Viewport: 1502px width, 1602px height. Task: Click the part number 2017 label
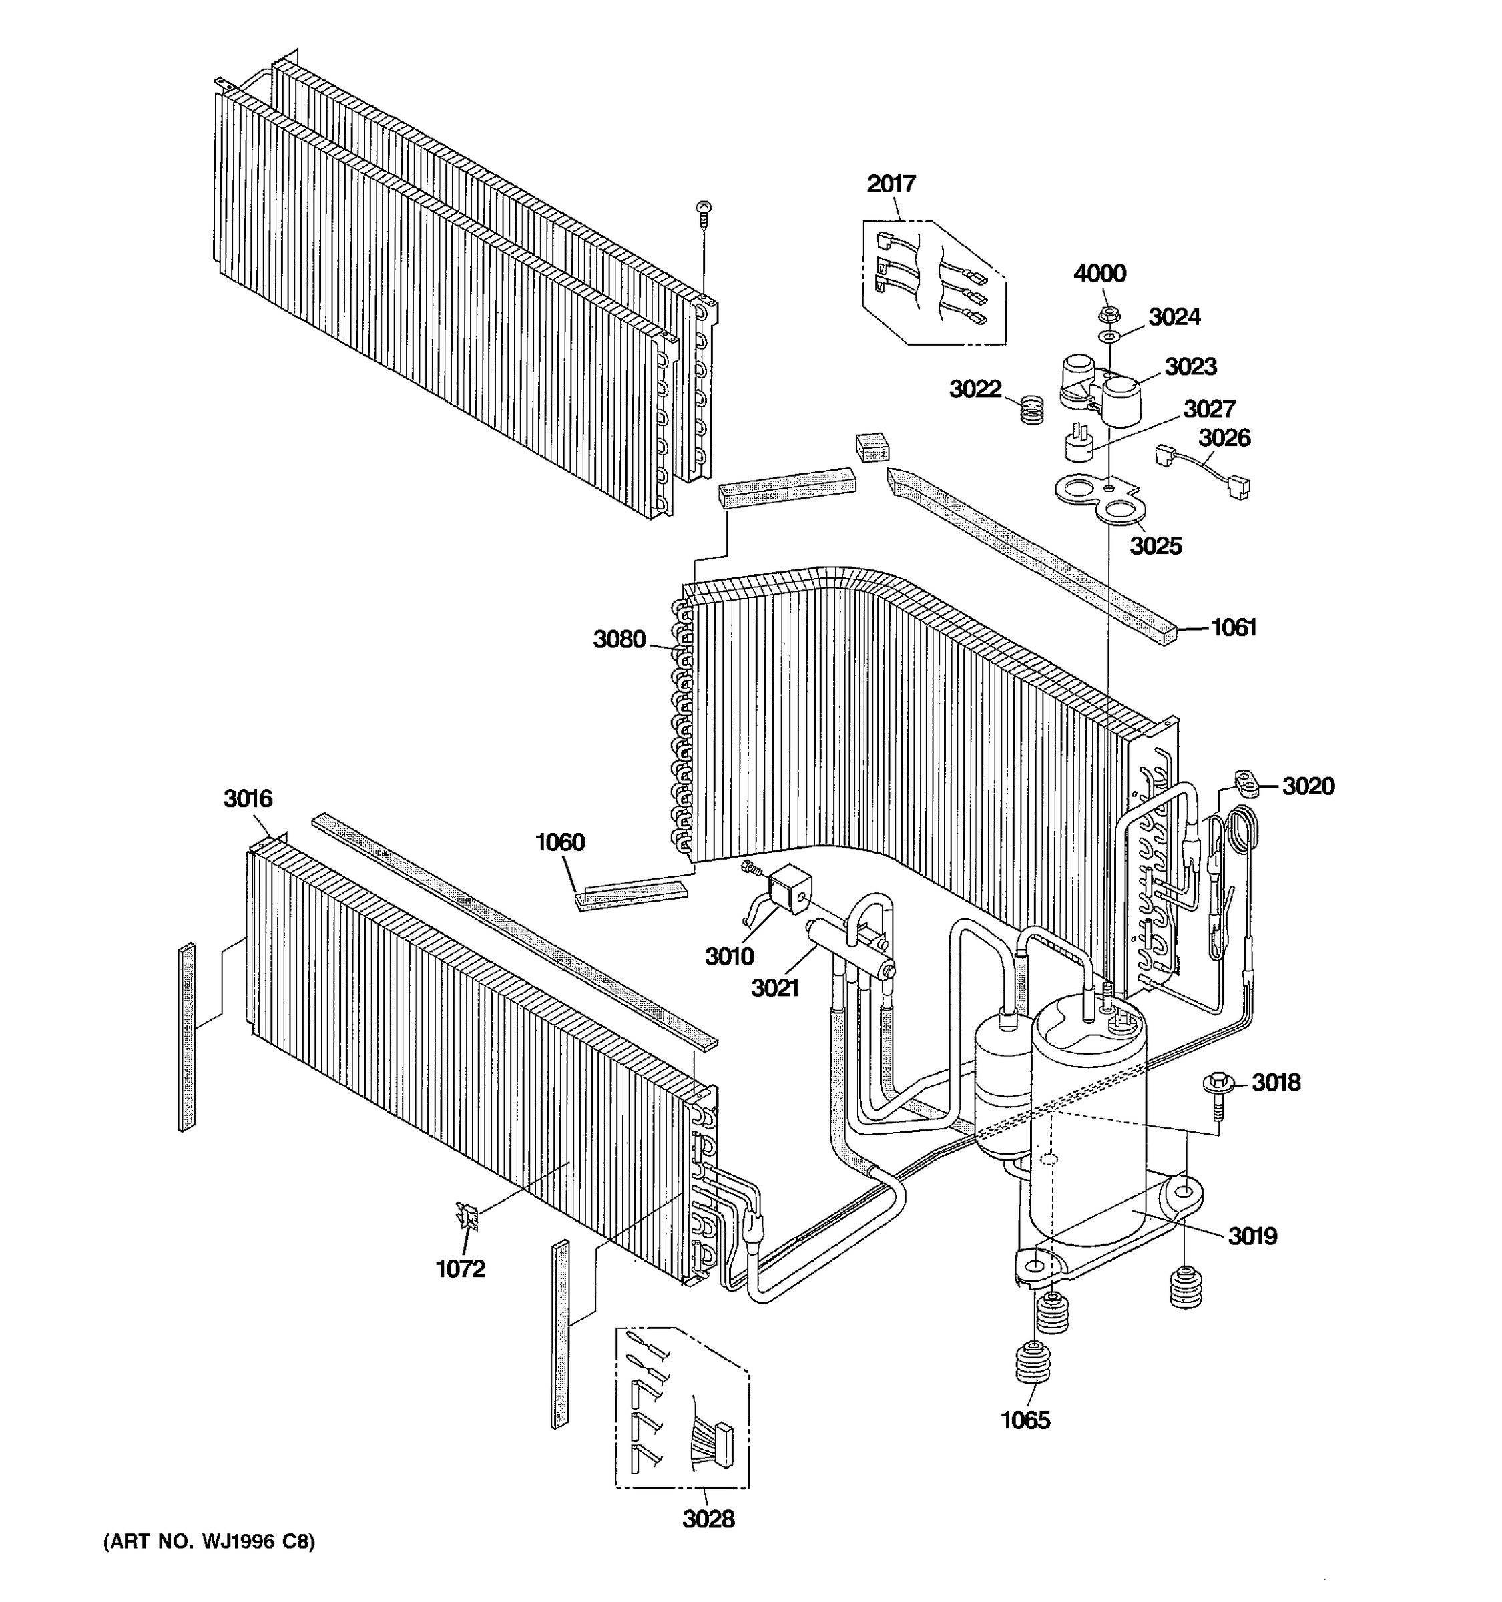pyautogui.click(x=891, y=184)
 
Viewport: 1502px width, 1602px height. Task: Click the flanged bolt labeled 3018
pyautogui.click(x=1218, y=1085)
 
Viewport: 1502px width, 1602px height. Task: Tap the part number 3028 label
pyautogui.click(x=708, y=1519)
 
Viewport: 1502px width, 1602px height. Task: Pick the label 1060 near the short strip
pyautogui.click(x=559, y=842)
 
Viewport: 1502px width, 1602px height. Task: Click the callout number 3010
pyautogui.click(x=729, y=956)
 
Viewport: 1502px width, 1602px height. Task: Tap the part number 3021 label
pyautogui.click(x=775, y=987)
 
